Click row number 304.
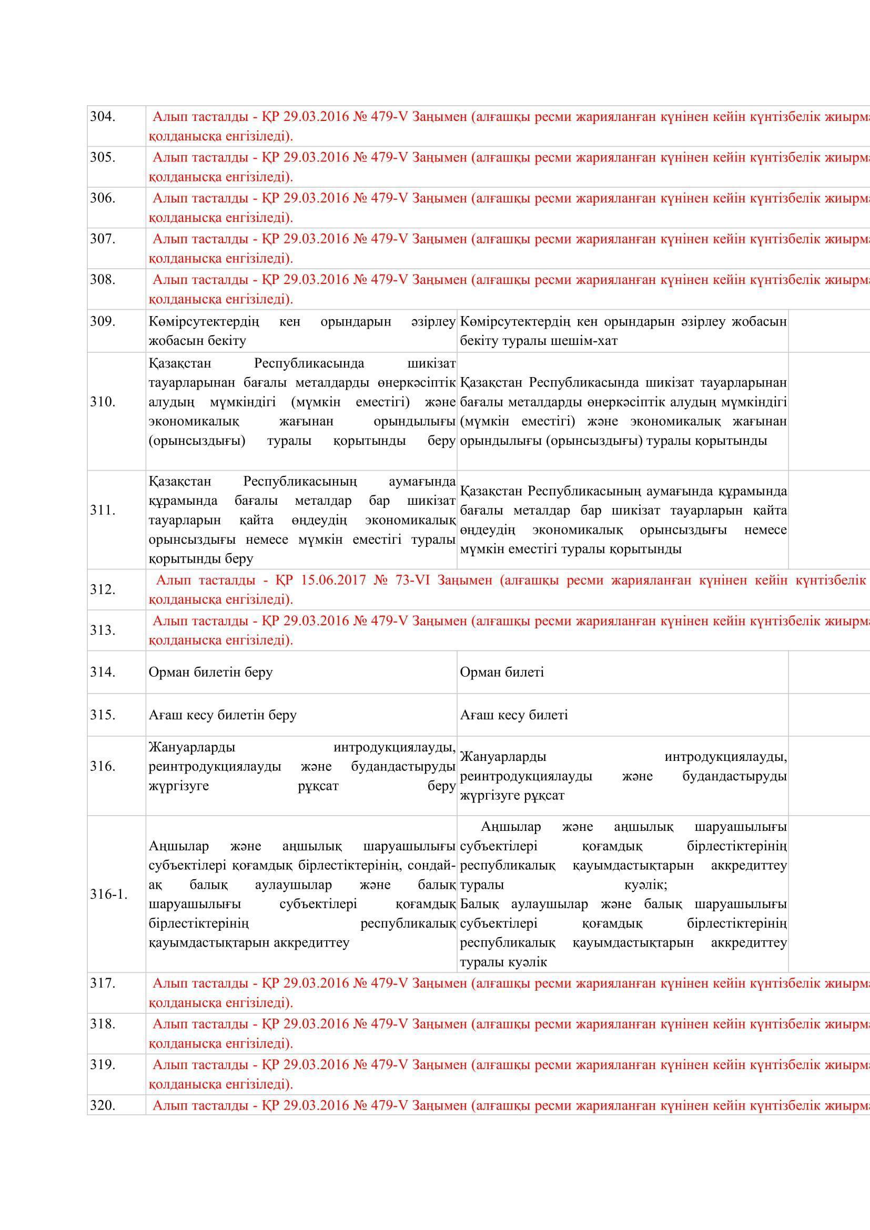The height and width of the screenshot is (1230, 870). click(x=103, y=116)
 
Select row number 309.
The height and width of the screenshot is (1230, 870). click(x=103, y=321)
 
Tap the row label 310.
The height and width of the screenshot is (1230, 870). click(x=103, y=402)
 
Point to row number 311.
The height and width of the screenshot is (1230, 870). click(x=103, y=510)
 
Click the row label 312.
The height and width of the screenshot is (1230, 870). click(x=103, y=589)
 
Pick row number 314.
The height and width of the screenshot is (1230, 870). click(x=103, y=672)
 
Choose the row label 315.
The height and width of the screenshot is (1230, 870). click(x=103, y=715)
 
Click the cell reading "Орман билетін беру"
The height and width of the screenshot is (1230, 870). click(x=210, y=672)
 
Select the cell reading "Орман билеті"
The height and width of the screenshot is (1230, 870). click(x=501, y=672)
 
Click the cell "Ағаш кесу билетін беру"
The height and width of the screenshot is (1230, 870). click(x=222, y=715)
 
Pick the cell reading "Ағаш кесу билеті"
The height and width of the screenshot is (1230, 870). click(x=514, y=715)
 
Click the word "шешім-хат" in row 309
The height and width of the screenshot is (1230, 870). click(x=589, y=341)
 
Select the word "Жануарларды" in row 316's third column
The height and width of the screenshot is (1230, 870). click(x=503, y=756)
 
